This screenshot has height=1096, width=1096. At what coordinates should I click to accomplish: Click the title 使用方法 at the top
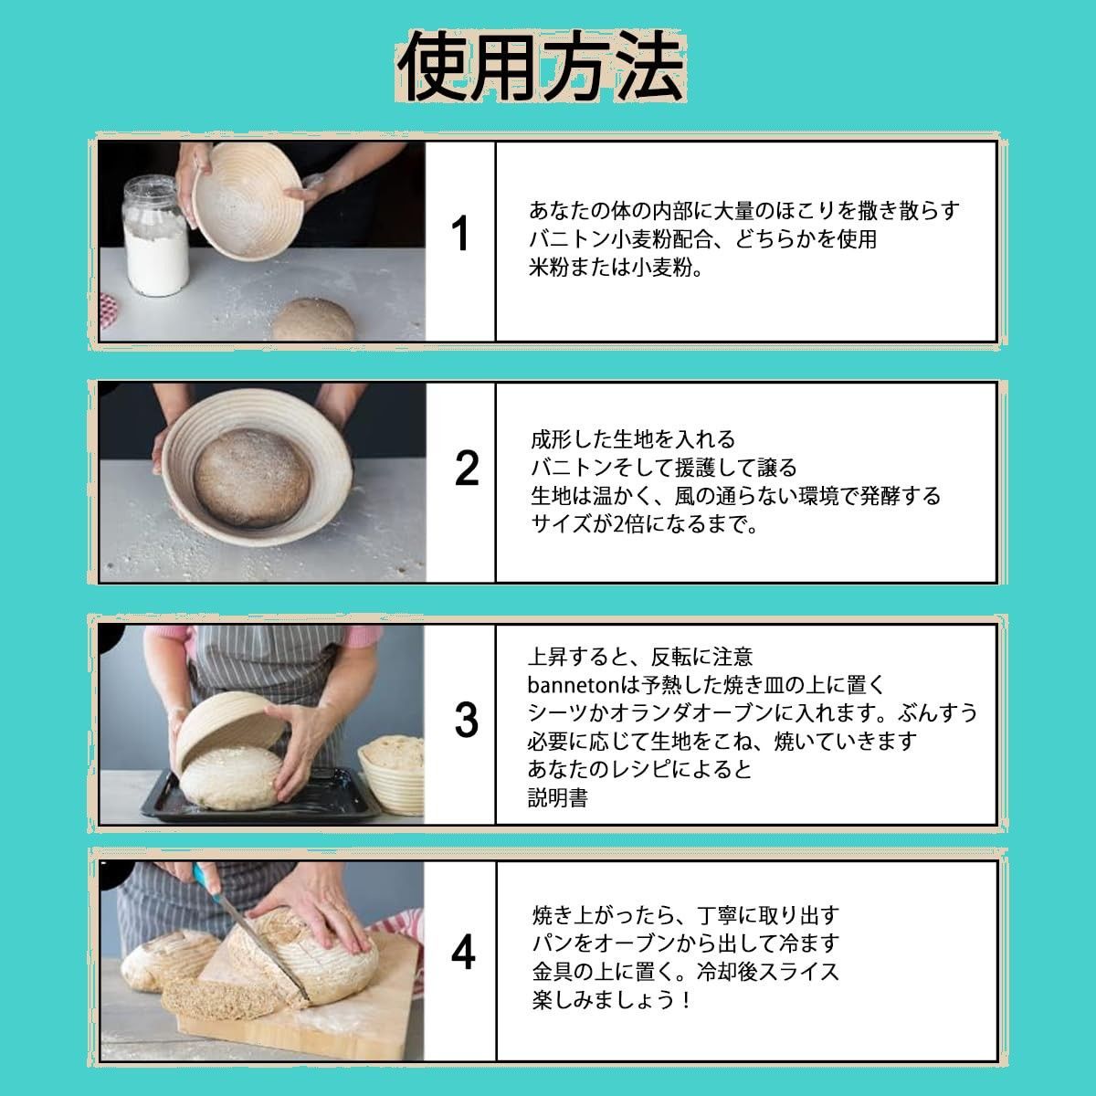pyautogui.click(x=542, y=67)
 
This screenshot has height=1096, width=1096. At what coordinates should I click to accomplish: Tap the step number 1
pyautogui.click(x=460, y=233)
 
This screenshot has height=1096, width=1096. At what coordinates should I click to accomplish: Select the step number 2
pyautogui.click(x=467, y=468)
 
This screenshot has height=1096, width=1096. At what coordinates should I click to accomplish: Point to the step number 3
pyautogui.click(x=467, y=721)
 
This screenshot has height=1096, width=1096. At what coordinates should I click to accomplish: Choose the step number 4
pyautogui.click(x=463, y=954)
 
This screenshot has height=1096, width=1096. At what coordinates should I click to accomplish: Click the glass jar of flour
pyautogui.click(x=154, y=236)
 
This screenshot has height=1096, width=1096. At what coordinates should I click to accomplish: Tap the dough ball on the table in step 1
pyautogui.click(x=313, y=320)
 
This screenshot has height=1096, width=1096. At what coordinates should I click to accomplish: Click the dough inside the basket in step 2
pyautogui.click(x=252, y=478)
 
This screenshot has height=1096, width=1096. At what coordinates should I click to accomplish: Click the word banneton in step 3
pyautogui.click(x=573, y=685)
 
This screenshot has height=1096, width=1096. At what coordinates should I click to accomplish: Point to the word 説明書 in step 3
pyautogui.click(x=557, y=798)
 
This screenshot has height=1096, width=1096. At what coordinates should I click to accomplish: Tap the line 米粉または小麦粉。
pyautogui.click(x=616, y=268)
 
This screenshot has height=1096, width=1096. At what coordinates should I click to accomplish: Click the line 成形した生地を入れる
pyautogui.click(x=633, y=439)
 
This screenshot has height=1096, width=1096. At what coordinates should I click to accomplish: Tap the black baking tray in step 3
pyautogui.click(x=261, y=796)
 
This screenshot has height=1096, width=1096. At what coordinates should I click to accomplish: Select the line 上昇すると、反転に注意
pyautogui.click(x=640, y=657)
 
